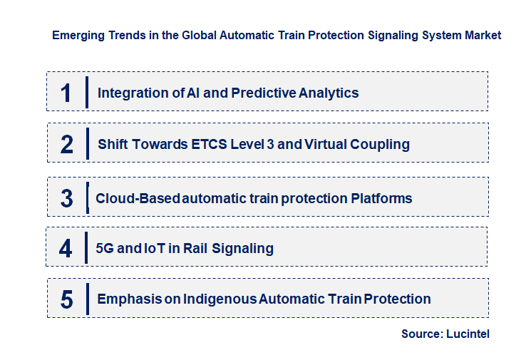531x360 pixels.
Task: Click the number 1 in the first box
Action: click(66, 93)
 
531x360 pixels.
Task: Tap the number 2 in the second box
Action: click(67, 144)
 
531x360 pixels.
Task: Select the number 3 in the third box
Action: click(66, 198)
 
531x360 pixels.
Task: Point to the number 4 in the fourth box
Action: click(66, 249)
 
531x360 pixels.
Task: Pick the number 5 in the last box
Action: click(66, 299)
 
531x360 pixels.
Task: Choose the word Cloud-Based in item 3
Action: click(138, 198)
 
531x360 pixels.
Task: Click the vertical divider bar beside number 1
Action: click(86, 93)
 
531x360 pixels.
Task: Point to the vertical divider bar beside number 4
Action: click(86, 249)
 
